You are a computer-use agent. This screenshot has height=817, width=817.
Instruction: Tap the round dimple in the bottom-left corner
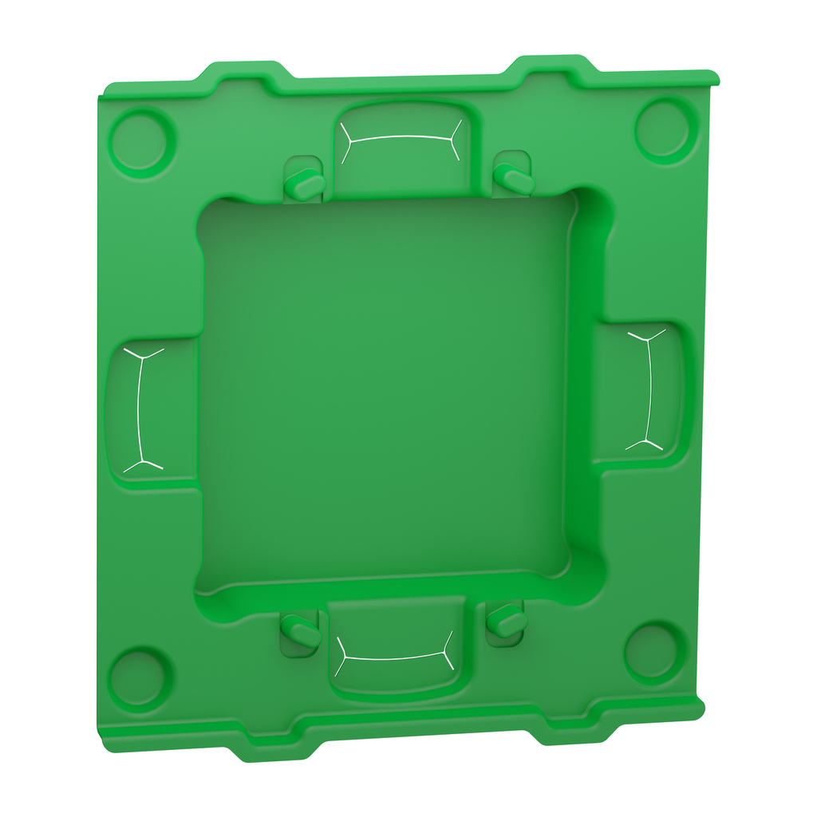click(x=139, y=677)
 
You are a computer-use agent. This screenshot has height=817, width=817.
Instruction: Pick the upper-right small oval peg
click(x=514, y=177)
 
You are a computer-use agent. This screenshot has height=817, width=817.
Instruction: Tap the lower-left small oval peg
click(x=303, y=633)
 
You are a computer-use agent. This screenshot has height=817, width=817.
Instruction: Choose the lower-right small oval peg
click(x=507, y=619)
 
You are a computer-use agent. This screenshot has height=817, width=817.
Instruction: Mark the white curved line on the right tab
click(x=651, y=389)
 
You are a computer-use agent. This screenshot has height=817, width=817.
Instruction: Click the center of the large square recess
click(x=387, y=391)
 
